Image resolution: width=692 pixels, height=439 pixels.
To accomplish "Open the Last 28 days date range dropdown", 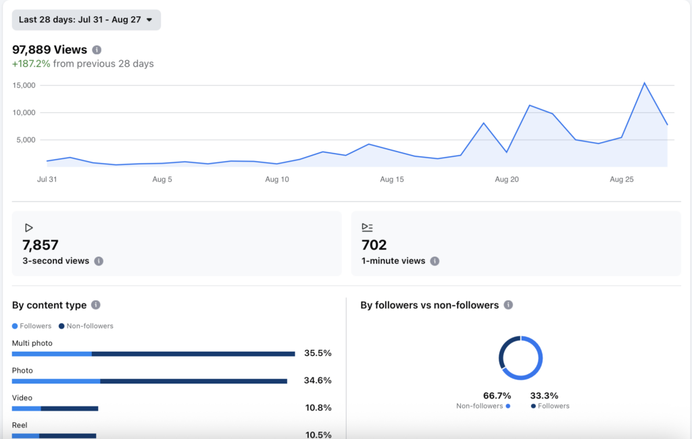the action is point(86,20).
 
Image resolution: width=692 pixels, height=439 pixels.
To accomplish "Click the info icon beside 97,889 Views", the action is point(97,50).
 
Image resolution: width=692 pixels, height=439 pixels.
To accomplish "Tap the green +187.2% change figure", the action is point(31,64).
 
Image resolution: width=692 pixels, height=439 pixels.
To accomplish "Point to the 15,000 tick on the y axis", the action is point(24,85).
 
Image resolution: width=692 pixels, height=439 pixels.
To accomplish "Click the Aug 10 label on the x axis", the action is point(277,179).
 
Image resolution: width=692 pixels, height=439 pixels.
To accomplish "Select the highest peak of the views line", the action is point(644,83).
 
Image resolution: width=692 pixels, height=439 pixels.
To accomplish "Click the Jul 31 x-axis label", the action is point(47,179).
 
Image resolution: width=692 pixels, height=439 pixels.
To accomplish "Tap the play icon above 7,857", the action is point(28,228).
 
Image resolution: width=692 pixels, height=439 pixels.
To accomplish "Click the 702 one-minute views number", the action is point(374,245).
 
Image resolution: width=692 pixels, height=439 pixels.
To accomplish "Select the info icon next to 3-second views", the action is point(99,261).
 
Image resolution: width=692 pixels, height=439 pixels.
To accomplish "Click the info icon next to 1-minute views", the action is point(435,261).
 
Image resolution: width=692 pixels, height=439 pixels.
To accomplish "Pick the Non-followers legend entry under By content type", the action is point(86,326).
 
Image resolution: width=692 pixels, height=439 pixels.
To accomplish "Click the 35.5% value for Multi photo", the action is point(318,353).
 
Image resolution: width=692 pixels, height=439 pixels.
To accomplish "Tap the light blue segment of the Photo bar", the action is point(56,381).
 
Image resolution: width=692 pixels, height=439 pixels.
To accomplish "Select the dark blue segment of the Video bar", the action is point(70,409).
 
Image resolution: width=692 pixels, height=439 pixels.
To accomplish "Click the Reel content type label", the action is point(20,425).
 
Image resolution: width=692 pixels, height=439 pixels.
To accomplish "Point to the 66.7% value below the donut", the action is point(497,395).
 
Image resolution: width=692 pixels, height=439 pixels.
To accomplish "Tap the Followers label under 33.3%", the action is point(553,406).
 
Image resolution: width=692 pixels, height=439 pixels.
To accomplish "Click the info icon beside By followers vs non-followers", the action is point(508,305).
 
